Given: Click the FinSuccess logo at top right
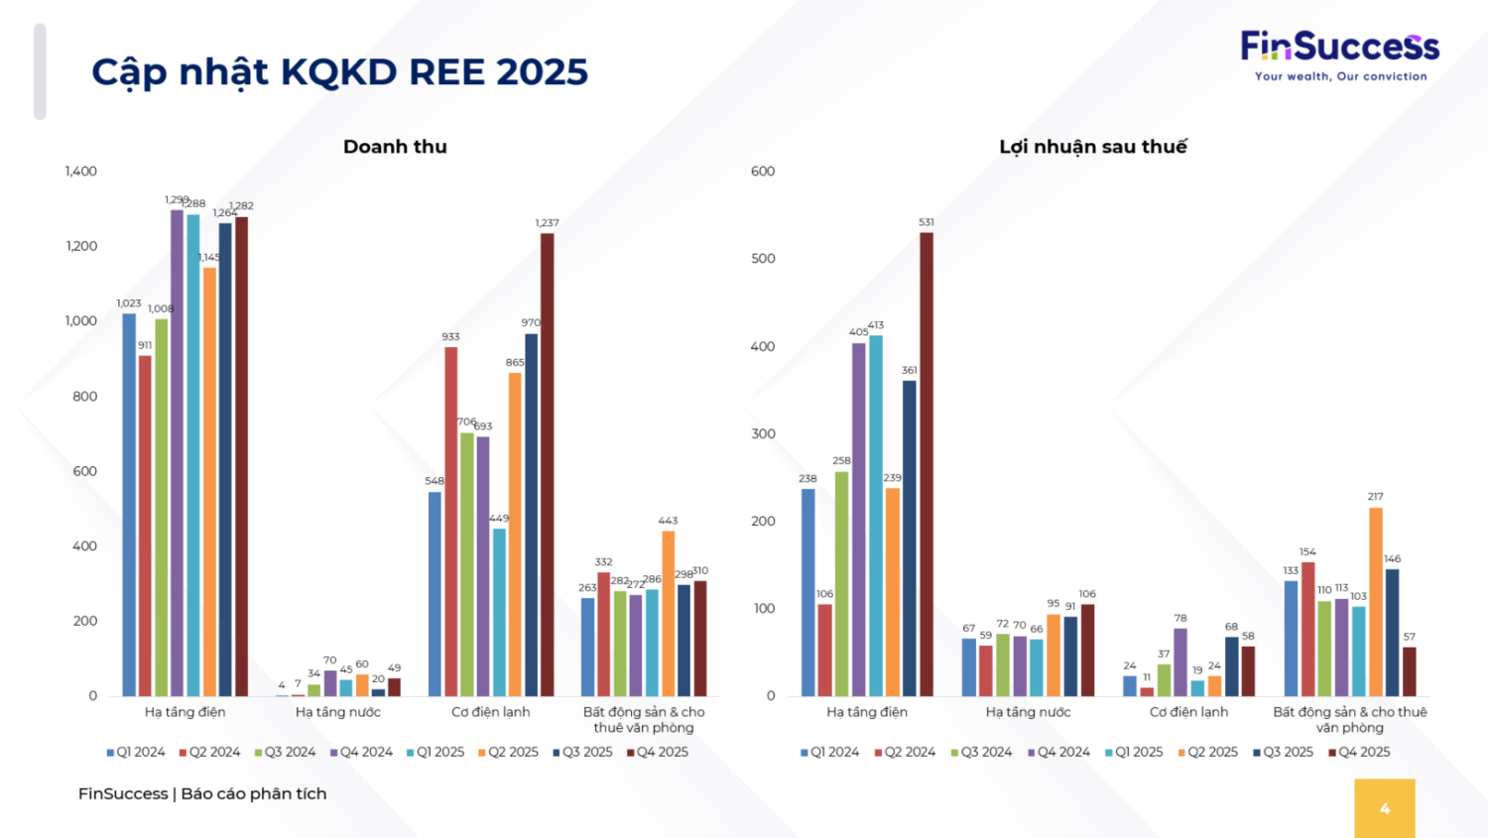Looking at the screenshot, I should click(1339, 47).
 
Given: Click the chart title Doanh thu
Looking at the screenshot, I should click(395, 147).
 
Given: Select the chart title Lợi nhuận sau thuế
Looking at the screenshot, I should click(1092, 147).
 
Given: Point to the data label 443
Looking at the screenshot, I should click(668, 521).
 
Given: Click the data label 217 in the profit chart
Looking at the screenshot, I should click(1375, 497).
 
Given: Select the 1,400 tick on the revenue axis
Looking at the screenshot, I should click(81, 172).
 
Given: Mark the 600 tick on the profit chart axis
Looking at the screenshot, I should click(763, 172).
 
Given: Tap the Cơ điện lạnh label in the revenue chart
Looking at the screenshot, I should click(490, 712).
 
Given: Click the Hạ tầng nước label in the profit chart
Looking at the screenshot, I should click(1028, 712).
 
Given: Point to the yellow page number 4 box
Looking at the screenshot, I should click(1385, 808).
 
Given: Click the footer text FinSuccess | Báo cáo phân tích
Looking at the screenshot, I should click(202, 793).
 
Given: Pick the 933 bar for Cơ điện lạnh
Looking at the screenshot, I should click(451, 521).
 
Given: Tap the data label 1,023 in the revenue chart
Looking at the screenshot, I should click(129, 303).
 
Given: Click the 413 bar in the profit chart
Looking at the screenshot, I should click(876, 516).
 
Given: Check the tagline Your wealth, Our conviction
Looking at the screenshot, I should click(1340, 76).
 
